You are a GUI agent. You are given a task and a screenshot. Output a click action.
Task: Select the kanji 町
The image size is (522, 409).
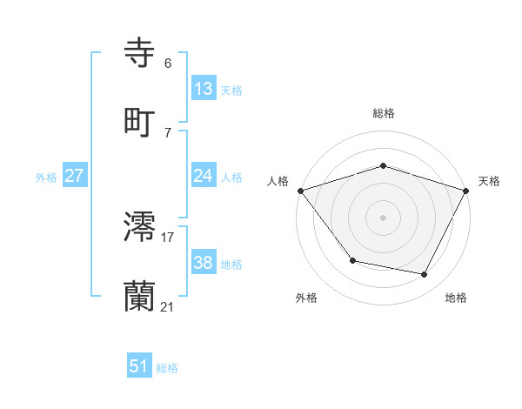point(141,121)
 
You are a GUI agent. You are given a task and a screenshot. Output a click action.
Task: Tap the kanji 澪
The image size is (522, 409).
point(141,226)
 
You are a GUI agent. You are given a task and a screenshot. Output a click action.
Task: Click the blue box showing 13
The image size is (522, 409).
point(204,89)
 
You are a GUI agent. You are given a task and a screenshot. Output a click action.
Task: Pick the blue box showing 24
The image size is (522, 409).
point(204,176)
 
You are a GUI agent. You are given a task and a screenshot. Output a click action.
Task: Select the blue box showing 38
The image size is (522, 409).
point(204,263)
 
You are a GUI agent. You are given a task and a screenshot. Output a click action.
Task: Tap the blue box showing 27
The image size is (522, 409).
point(75,176)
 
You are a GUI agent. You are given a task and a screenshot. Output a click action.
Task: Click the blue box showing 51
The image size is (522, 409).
point(139,367)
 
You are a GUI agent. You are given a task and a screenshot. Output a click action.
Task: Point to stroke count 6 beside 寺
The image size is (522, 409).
point(168,64)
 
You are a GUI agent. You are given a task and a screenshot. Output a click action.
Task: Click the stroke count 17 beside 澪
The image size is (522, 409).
point(168,237)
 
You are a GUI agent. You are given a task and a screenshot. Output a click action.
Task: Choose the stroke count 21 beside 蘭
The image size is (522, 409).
point(168,306)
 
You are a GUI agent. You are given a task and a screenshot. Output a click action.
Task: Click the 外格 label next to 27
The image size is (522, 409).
point(46,177)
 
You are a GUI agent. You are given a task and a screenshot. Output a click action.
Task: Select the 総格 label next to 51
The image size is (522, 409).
point(167,368)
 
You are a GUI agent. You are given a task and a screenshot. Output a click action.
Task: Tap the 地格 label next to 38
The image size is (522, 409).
point(231,264)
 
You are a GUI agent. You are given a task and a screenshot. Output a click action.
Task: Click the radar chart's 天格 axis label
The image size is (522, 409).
point(489,181)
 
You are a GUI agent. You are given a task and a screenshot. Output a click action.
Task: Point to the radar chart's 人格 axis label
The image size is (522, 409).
point(278,181)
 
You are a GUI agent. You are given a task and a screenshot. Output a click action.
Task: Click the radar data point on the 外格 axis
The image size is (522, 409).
point(352,260)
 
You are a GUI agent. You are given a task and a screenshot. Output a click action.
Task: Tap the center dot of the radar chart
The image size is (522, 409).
point(383,218)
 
